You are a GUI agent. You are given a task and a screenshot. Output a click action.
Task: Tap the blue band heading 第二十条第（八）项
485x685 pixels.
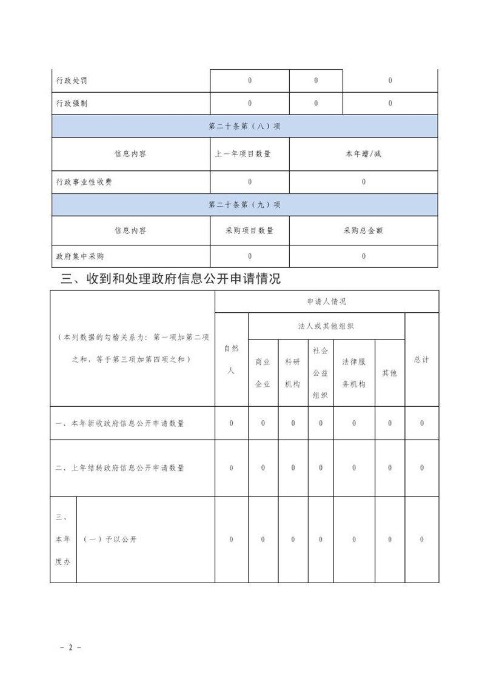(244, 127)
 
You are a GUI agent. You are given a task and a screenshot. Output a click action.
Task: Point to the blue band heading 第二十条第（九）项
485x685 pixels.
(244, 205)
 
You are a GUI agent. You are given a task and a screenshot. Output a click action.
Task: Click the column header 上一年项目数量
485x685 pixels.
(250, 154)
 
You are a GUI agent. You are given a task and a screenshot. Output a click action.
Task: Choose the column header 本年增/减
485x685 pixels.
(364, 154)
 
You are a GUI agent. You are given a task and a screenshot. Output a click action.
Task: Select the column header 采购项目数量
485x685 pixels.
(250, 231)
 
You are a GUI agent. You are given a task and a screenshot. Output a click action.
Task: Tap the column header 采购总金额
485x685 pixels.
(364, 231)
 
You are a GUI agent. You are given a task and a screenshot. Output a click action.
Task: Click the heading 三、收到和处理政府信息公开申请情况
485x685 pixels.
(171, 279)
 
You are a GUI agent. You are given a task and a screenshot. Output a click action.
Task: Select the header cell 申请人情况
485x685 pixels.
(327, 301)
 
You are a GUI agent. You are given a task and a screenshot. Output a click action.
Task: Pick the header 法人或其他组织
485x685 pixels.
(327, 326)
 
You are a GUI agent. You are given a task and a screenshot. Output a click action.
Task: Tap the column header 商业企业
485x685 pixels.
(263, 373)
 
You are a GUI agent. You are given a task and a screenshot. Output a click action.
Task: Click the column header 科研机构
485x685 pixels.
(293, 373)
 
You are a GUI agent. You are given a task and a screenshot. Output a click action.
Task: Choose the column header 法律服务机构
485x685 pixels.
(354, 373)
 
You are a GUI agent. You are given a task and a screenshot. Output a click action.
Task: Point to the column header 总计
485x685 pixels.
(422, 359)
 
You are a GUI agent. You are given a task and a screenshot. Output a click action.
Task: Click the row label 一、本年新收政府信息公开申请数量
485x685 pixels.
(119, 423)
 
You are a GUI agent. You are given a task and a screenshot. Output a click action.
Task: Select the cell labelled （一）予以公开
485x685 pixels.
(110, 540)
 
